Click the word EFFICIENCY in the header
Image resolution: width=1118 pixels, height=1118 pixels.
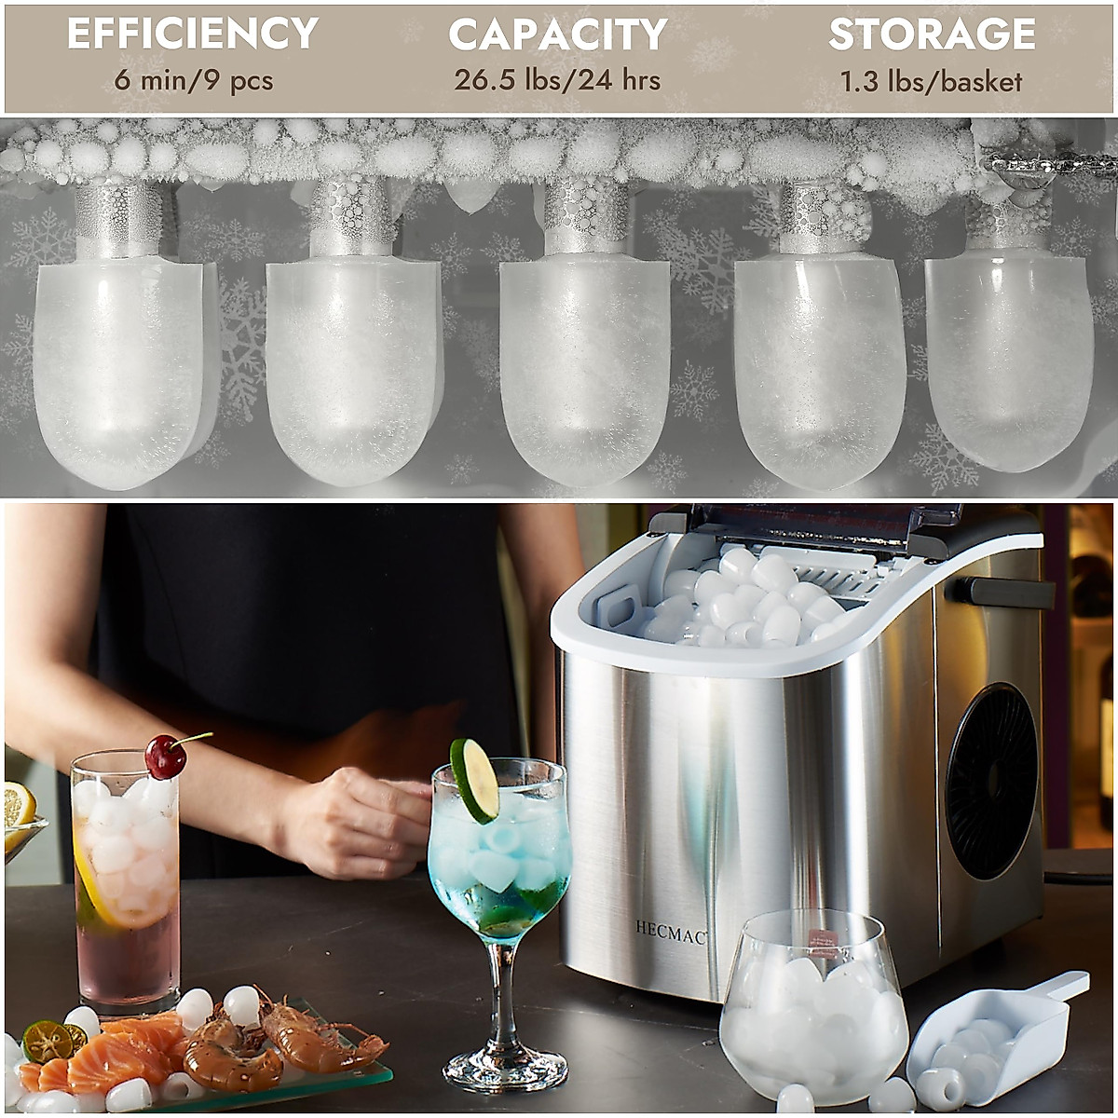click(193, 34)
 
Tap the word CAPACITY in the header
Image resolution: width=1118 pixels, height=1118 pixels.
click(557, 34)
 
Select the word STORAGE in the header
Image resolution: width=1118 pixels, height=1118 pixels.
click(932, 34)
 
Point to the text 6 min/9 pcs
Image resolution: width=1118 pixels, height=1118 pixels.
click(194, 80)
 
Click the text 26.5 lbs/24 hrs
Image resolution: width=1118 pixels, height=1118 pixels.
click(557, 80)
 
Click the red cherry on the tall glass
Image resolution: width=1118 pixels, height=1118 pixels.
click(165, 757)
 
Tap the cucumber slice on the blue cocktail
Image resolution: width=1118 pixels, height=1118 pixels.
click(474, 780)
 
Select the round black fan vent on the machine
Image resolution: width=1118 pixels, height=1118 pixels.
click(991, 781)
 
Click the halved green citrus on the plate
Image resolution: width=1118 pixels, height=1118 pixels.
click(48, 1041)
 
